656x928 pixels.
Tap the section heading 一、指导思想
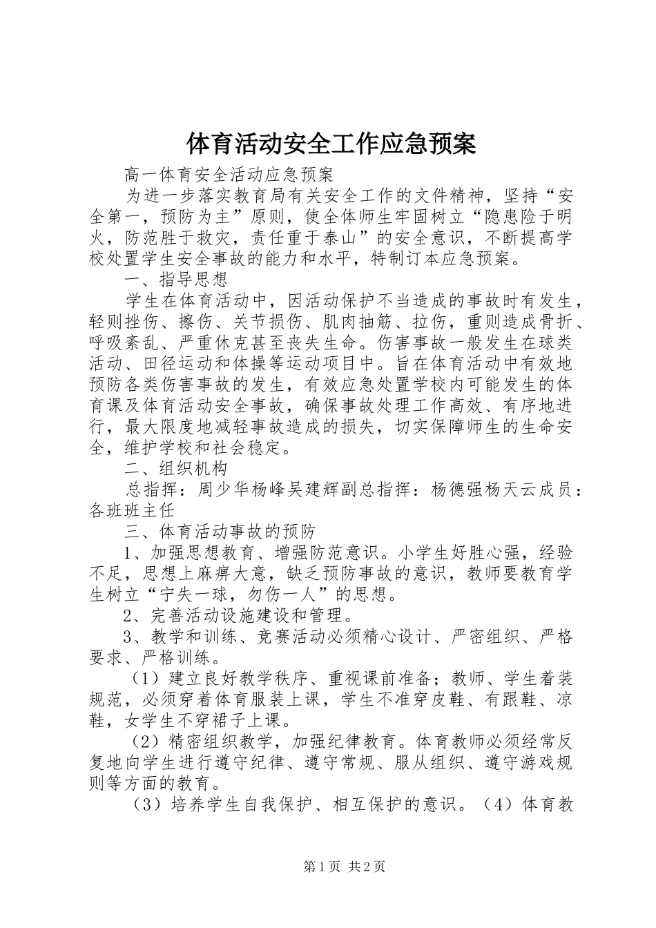point(176,280)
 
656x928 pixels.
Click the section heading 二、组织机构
point(176,468)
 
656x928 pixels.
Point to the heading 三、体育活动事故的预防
point(220,531)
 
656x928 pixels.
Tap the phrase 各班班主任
point(133,510)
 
